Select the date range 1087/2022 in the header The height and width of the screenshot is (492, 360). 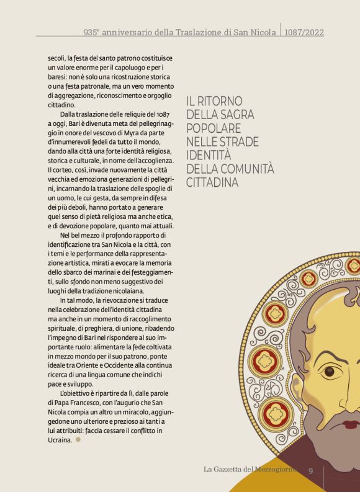tap(304, 32)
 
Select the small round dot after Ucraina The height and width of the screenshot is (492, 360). tap(78, 440)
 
